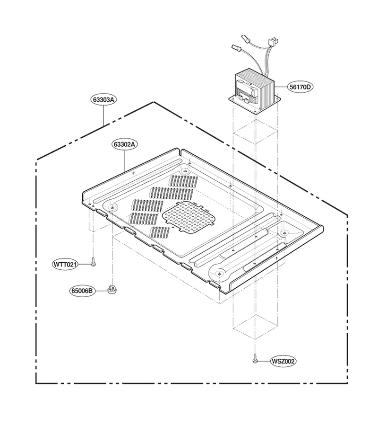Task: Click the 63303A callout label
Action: tap(103, 100)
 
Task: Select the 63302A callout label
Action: tap(124, 144)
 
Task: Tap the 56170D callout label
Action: tap(300, 87)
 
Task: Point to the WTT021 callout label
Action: tap(65, 264)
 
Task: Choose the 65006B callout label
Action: tap(82, 291)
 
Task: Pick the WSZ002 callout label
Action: tap(283, 361)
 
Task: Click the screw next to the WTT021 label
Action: tap(93, 262)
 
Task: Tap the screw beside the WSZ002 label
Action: tap(255, 358)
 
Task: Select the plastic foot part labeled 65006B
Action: tap(112, 289)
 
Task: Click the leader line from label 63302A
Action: tap(124, 160)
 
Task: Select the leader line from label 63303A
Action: tap(104, 115)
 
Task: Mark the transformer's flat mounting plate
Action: tap(254, 104)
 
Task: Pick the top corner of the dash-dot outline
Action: tap(154, 102)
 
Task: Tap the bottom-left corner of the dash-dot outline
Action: tap(36, 383)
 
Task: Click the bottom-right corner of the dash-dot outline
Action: tap(347, 383)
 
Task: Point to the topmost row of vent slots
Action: tap(183, 181)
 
